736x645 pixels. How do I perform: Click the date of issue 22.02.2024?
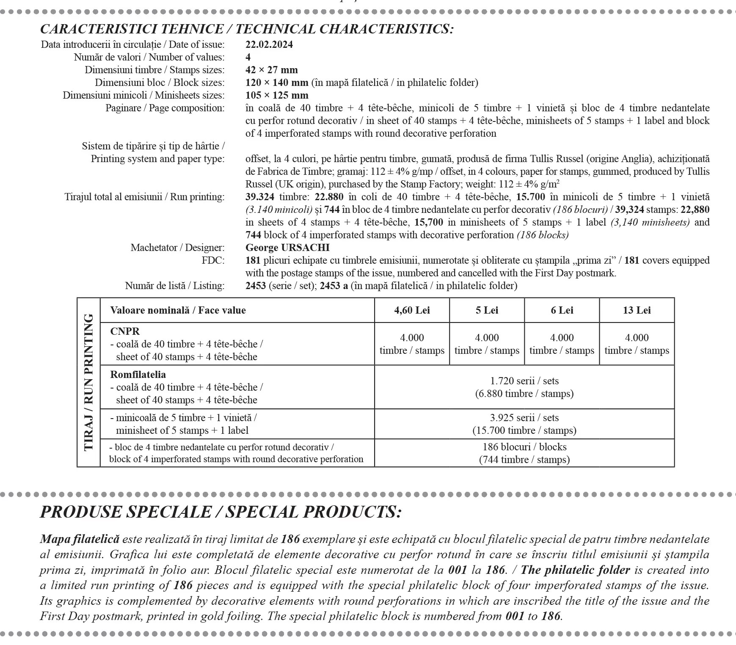269,44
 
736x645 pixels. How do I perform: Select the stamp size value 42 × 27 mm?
271,70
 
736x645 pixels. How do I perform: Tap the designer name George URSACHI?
287,248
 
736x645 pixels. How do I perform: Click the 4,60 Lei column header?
412,310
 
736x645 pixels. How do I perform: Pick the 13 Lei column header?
637,310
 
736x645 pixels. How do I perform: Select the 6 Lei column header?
562,310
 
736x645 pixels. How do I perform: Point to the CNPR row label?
125,331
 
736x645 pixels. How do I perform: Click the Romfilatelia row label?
138,375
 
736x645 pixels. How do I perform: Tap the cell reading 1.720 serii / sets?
524,381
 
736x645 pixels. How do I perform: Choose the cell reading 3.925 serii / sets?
524,418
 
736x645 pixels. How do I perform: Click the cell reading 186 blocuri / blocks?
524,447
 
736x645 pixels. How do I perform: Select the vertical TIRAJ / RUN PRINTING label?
88,382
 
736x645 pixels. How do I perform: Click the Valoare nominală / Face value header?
178,310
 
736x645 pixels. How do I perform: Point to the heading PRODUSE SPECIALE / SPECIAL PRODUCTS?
221,512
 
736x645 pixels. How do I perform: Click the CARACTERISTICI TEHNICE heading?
246,29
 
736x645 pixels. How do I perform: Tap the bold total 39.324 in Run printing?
259,197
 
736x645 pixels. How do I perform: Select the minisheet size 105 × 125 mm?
277,95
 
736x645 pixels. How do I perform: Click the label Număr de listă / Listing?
174,286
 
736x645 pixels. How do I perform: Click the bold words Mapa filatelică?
80,539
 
